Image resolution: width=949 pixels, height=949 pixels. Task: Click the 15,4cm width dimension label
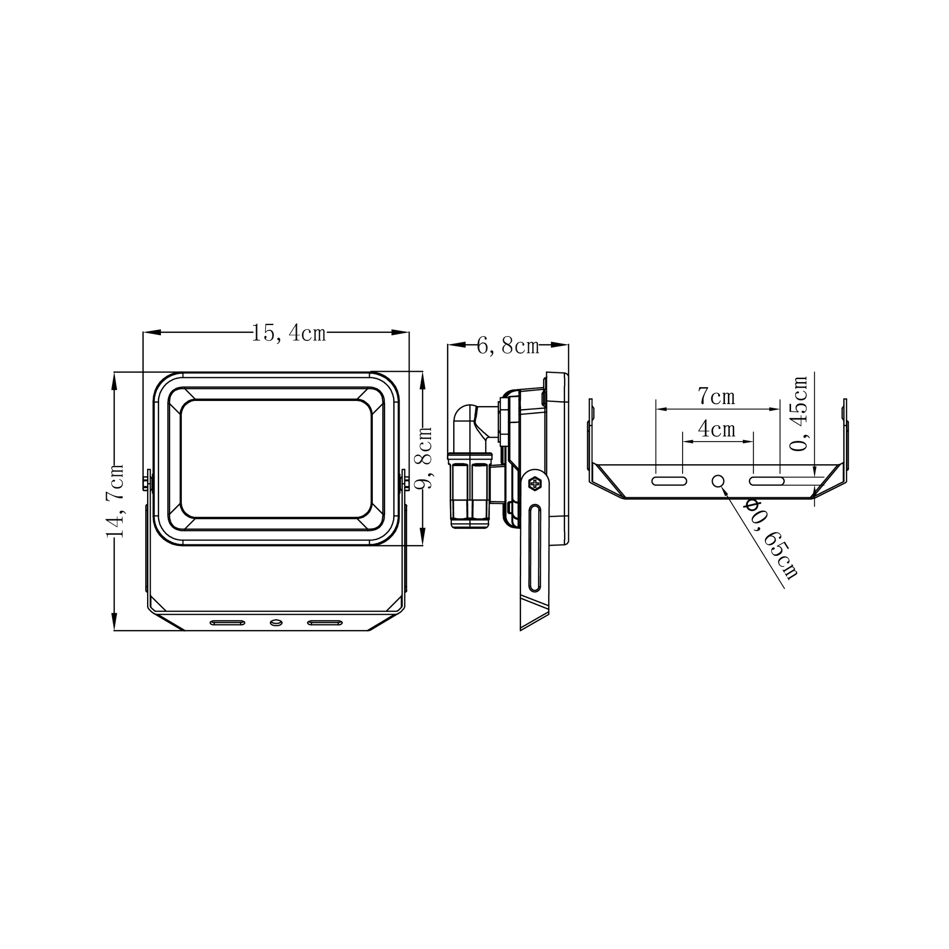[x=289, y=333]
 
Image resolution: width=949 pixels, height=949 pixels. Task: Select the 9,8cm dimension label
[x=423, y=457]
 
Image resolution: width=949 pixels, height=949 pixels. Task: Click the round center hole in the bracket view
[x=718, y=481]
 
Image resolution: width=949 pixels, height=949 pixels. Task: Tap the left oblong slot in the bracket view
[x=669, y=481]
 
